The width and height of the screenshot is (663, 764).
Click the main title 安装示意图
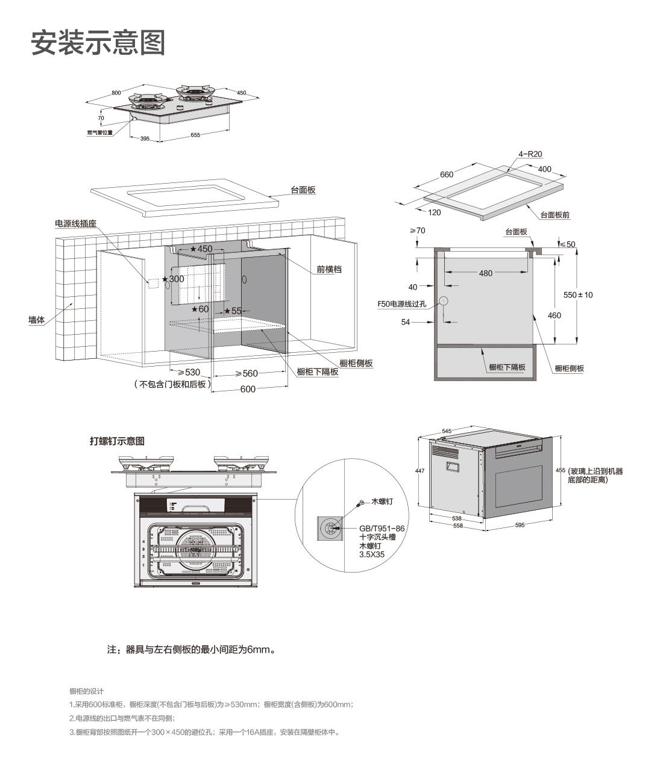[98, 43]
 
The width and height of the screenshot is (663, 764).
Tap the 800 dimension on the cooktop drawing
[116, 93]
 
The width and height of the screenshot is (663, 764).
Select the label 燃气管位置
[100, 132]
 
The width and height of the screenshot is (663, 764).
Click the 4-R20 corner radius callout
[530, 154]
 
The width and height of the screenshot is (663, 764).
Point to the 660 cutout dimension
[447, 175]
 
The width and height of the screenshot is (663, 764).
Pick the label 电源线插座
[76, 223]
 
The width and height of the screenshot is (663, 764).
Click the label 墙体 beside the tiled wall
[37, 320]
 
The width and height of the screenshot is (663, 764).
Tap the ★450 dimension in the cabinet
[201, 249]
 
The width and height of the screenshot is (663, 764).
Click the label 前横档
[329, 269]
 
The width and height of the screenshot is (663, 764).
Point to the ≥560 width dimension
[247, 373]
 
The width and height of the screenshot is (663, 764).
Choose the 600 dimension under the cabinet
[248, 389]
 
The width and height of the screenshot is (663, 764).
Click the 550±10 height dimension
[578, 295]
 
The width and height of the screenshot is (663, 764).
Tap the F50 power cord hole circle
[443, 301]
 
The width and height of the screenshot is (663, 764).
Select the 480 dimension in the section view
[485, 273]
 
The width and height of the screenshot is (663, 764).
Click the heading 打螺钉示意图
[117, 441]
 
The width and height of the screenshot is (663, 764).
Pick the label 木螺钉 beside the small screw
[382, 502]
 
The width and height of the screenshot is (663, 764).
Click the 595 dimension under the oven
[520, 525]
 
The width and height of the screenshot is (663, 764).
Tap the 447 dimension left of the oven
[420, 471]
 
